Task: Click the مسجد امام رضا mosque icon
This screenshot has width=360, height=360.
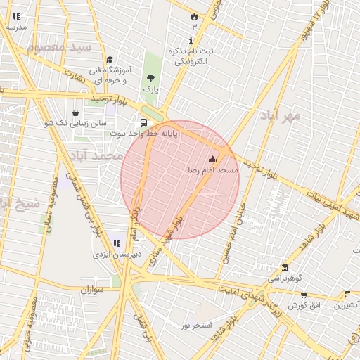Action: (x=213, y=159)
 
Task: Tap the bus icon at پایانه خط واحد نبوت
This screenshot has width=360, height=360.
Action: (x=144, y=120)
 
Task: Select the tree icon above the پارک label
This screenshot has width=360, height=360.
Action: (x=150, y=78)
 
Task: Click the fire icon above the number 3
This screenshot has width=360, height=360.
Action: (x=194, y=15)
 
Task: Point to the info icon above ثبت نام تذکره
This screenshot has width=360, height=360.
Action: (x=191, y=41)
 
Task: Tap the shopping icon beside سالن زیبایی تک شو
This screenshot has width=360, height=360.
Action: (x=75, y=112)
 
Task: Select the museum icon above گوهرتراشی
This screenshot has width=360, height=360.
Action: (x=285, y=267)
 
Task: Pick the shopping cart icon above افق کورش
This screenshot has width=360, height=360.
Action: (x=304, y=296)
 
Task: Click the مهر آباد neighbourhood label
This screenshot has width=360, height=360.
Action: (x=281, y=115)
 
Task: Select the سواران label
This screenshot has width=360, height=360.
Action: (x=91, y=289)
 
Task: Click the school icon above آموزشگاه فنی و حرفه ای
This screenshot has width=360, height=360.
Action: (x=109, y=60)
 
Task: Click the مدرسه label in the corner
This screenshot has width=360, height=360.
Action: (x=16, y=27)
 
